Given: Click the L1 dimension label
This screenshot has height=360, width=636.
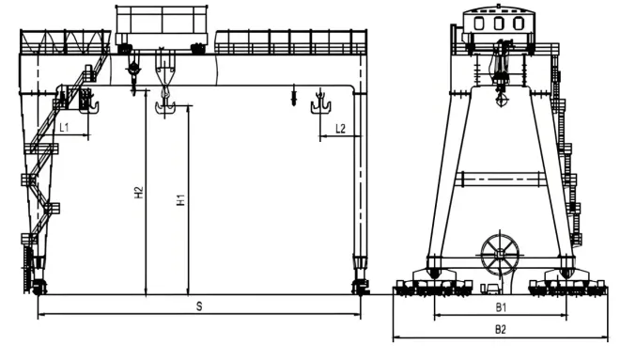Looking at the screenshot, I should (64, 126).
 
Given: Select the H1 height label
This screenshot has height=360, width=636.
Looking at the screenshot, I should (180, 199).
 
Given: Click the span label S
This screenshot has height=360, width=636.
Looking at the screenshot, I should (198, 306).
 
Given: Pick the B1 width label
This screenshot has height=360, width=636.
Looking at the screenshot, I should (501, 306).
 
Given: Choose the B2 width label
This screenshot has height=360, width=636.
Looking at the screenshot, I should (501, 329).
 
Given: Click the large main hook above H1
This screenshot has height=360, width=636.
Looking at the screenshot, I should (167, 105).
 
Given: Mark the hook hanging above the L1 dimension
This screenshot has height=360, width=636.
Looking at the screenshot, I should (88, 102).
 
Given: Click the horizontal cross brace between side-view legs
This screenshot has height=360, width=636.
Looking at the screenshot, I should (500, 179).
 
